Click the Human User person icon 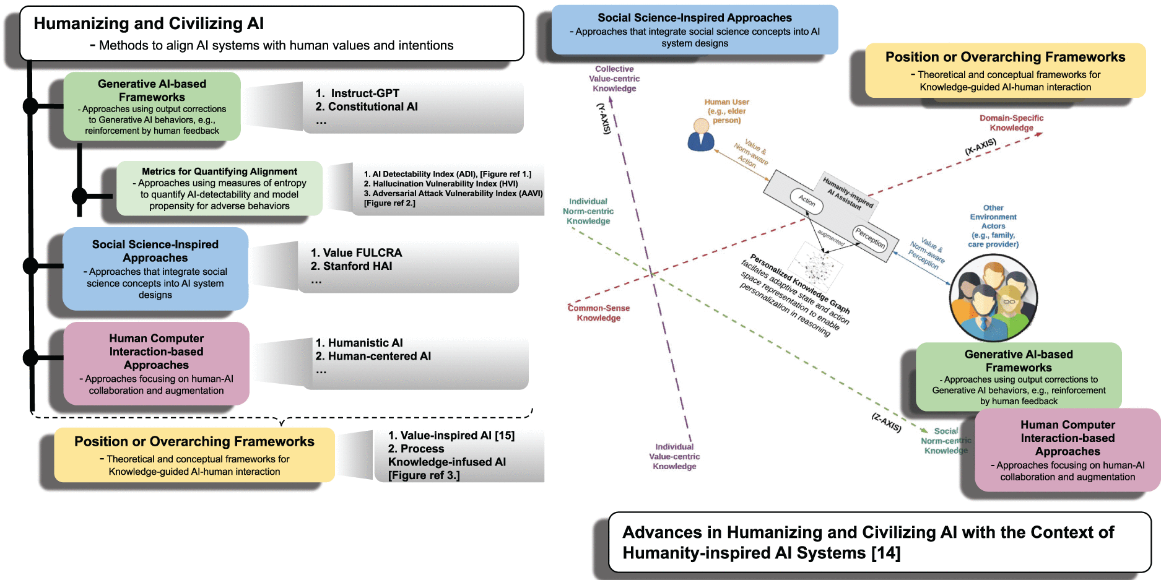click(701, 135)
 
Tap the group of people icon click(993, 298)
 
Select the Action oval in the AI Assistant click(806, 201)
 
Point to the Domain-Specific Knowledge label click(1011, 123)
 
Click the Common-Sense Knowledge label click(599, 313)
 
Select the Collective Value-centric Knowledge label click(614, 79)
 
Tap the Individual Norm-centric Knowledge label click(588, 211)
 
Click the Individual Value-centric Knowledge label click(674, 456)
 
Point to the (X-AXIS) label click(981, 147)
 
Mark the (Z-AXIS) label click(887, 422)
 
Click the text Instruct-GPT click(365, 93)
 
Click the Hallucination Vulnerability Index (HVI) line click(440, 184)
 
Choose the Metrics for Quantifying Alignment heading click(219, 171)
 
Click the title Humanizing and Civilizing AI click(149, 24)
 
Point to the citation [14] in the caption click(886, 553)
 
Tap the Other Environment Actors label click(993, 226)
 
